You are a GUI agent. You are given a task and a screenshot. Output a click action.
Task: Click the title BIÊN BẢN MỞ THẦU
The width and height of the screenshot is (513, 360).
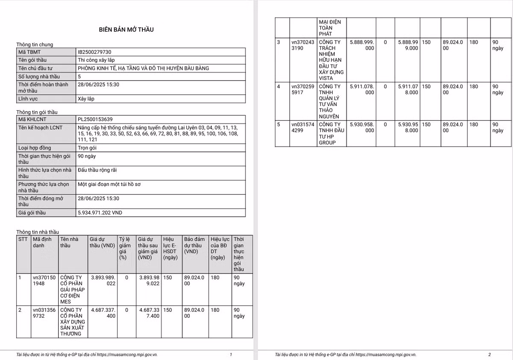(126, 30)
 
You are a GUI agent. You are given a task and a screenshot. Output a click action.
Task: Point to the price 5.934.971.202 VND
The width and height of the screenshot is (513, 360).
(100, 212)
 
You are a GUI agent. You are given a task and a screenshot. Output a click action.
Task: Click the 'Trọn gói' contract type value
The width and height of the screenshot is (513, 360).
(87, 148)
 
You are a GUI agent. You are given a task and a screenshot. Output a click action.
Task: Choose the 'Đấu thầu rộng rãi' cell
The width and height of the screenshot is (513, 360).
(97, 170)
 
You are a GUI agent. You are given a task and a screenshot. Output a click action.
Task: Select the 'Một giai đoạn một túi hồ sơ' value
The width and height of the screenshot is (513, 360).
(109, 184)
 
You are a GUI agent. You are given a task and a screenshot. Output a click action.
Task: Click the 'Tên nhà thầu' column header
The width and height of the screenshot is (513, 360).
(69, 242)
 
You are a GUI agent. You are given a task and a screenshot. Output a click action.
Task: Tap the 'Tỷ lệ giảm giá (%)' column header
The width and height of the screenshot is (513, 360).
(124, 248)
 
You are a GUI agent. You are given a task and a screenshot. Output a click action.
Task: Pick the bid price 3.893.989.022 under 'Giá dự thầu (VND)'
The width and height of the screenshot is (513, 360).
(103, 280)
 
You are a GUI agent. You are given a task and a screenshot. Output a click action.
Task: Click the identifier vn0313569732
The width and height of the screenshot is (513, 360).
(44, 313)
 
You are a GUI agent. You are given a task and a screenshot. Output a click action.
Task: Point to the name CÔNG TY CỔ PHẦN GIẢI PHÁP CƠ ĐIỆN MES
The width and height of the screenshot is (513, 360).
(72, 289)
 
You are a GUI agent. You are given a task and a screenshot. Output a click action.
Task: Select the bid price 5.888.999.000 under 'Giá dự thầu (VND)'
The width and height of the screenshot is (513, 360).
(362, 45)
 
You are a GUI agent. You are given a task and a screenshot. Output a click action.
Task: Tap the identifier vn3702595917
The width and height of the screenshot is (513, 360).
(303, 89)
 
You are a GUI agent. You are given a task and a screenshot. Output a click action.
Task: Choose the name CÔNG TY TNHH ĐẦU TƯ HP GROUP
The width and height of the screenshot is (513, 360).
(330, 133)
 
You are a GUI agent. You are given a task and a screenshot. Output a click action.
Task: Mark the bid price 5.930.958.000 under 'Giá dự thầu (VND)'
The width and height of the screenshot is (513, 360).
(362, 127)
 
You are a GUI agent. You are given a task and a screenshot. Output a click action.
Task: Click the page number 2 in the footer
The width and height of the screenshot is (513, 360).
(489, 354)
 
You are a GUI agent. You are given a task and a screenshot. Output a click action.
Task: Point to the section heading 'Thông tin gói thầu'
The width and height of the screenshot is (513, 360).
(37, 112)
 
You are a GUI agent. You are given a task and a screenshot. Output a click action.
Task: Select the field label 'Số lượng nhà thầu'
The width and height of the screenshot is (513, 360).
(39, 77)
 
